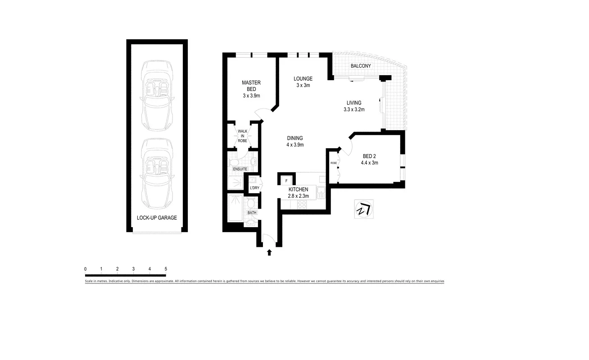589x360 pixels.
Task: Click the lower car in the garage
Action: [x=157, y=172]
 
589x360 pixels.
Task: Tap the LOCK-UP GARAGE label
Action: [x=157, y=218]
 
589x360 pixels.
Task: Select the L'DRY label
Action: [x=254, y=187]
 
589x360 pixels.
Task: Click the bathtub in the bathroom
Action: [x=236, y=208]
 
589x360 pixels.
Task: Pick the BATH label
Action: [x=252, y=212]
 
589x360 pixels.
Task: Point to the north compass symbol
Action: [x=363, y=210]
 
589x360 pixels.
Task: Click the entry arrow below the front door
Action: [x=269, y=253]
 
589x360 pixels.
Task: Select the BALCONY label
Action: [x=361, y=66]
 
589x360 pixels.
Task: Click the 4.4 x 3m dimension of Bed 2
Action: [x=369, y=163]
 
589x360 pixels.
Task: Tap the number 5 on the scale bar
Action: [x=166, y=269]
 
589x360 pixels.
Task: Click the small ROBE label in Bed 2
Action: [x=334, y=163]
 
